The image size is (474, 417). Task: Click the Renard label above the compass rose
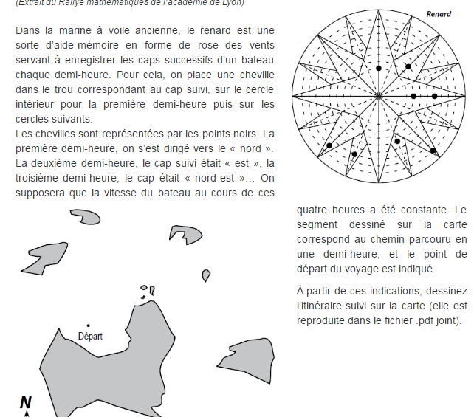[x=439, y=14]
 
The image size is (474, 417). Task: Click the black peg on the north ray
[x=378, y=68]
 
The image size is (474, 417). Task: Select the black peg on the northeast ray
[x=408, y=66]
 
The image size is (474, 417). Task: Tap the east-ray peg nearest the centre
[x=413, y=96]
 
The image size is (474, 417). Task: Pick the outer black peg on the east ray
[x=434, y=96]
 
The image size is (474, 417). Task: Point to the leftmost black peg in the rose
[x=329, y=145]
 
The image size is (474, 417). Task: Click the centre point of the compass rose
[x=378, y=96]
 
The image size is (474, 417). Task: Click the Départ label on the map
[x=90, y=337]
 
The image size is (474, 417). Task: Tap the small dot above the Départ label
[x=88, y=325]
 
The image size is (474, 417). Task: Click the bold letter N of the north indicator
[x=26, y=402]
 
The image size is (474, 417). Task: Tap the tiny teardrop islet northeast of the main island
[x=152, y=290]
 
